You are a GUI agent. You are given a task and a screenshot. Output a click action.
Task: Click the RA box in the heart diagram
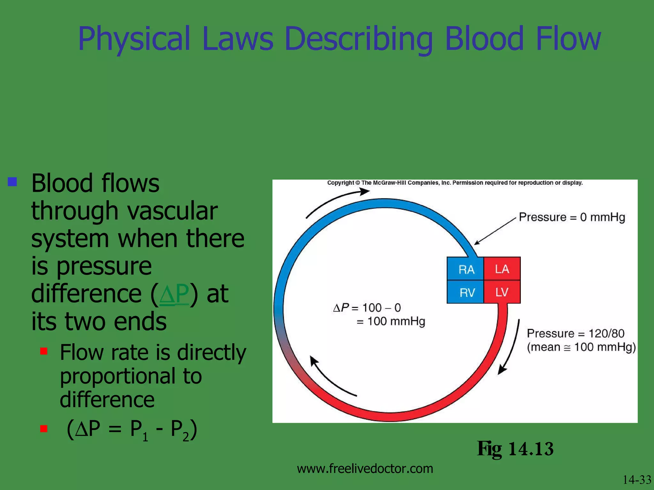[x=466, y=269]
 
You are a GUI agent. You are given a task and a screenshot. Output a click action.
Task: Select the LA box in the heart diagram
[x=502, y=269]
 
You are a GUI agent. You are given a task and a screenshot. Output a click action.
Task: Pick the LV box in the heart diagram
[x=502, y=292]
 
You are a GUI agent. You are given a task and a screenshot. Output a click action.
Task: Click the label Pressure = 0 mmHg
[x=572, y=217]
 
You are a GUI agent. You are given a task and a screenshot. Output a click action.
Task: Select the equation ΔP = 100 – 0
[x=367, y=308]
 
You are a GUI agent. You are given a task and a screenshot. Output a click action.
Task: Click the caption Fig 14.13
[x=515, y=449]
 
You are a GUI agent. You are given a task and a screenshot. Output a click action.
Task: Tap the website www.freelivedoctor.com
[x=365, y=469]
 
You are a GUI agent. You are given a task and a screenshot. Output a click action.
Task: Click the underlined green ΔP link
[x=174, y=294]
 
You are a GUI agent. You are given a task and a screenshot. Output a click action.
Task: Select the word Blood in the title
[x=484, y=39]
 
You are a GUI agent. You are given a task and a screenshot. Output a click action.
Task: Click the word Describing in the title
[x=358, y=39]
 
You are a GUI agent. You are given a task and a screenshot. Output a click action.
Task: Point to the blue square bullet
[x=12, y=182]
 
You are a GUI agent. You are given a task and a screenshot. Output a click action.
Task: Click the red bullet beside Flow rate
[x=44, y=351]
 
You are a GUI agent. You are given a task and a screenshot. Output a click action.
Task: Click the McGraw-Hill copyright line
[x=455, y=183]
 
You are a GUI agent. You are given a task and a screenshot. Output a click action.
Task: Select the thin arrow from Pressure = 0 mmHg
[x=495, y=231]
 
